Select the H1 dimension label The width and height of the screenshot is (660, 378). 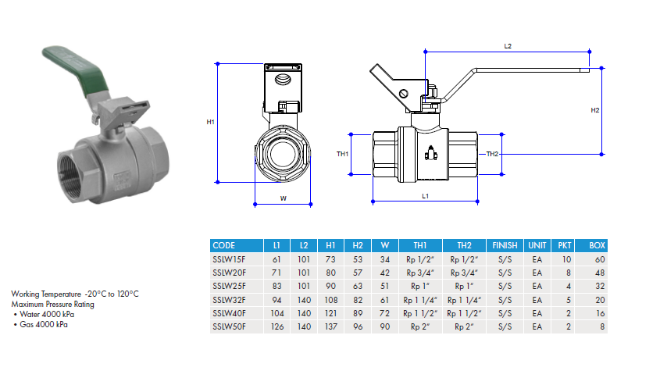point(210,123)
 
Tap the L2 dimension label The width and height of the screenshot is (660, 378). point(508,47)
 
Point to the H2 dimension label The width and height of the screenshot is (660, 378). point(595,110)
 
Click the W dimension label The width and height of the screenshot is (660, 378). point(283,198)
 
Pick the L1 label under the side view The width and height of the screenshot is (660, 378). point(425,196)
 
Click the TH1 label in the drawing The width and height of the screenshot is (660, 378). point(342,154)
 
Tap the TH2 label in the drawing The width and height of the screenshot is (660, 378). point(492,154)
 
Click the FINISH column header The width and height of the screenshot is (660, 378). point(505,245)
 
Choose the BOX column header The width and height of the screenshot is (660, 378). point(597,245)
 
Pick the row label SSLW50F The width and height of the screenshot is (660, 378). point(229,327)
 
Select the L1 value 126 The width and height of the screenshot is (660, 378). point(276,327)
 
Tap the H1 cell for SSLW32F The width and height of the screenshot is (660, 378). point(330,300)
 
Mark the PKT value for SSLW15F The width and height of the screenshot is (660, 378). point(565,259)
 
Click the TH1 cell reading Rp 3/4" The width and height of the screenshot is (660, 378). point(420,273)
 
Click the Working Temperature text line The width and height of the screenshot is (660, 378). point(75,294)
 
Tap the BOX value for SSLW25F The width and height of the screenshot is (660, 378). point(600,286)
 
